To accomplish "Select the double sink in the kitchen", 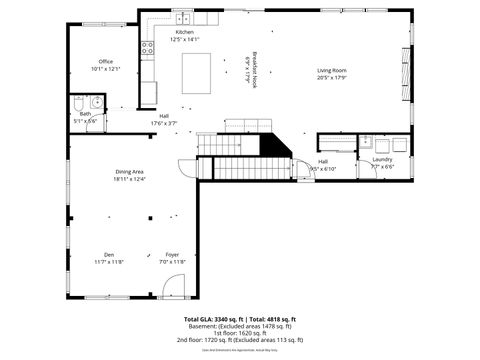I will tap(183, 18).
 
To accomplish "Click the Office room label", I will tap(105, 62).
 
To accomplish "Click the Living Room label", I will tap(331, 70).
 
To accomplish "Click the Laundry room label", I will tap(382, 159).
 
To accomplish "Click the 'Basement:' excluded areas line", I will tap(240, 325).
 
